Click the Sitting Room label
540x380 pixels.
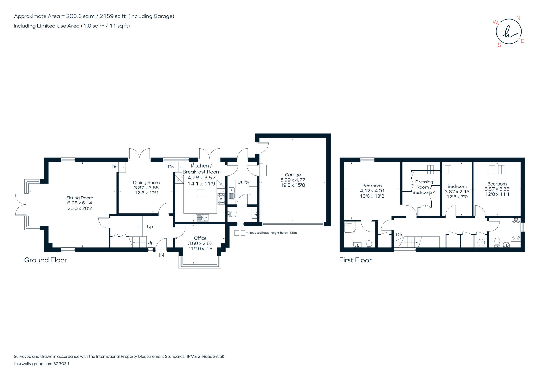click(x=80, y=198)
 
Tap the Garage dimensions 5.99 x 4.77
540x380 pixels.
click(x=293, y=180)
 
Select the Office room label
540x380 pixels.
click(x=200, y=238)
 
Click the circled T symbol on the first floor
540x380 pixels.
click(x=481, y=242)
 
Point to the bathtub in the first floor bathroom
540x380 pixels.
click(x=516, y=230)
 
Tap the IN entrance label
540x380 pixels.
click(x=161, y=255)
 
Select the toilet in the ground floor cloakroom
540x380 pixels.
click(x=233, y=215)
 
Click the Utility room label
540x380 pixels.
click(x=243, y=182)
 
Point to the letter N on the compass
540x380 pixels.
click(x=518, y=18)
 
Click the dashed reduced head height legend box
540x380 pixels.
click(x=239, y=233)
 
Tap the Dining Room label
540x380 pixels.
click(x=146, y=183)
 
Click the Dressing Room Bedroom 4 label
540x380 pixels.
click(x=424, y=187)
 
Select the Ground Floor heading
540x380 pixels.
click(x=46, y=260)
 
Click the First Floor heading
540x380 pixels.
click(x=355, y=260)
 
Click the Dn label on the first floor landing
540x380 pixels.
click(x=399, y=235)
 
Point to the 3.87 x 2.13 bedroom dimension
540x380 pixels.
click(x=457, y=192)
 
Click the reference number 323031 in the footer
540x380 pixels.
click(x=61, y=364)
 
